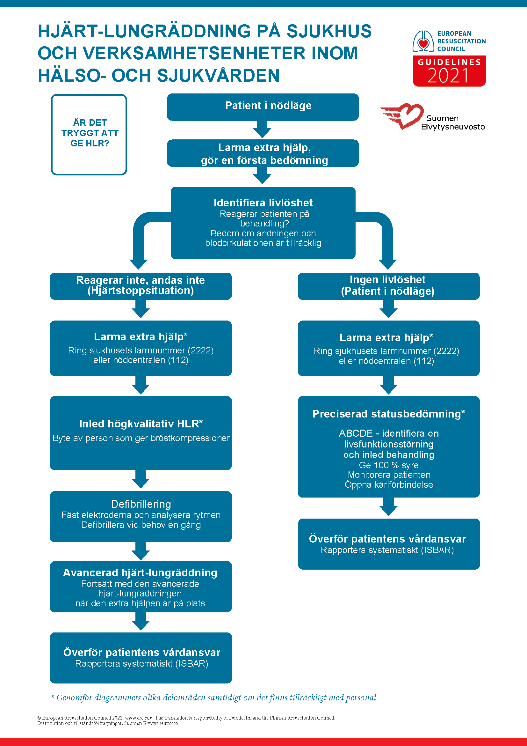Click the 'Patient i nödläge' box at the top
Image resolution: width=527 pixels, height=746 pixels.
(263, 107)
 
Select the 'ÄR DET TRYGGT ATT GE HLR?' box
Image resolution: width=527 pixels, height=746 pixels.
(89, 135)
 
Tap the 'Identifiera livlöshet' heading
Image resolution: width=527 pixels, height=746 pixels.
(263, 203)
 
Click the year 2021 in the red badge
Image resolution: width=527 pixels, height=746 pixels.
(448, 76)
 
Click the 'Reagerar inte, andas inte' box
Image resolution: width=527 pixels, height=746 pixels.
(141, 286)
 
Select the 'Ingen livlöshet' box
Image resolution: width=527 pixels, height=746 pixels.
(389, 286)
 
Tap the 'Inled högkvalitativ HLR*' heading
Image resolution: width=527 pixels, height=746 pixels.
(141, 424)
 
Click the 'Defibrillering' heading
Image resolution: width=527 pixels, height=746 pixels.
(141, 504)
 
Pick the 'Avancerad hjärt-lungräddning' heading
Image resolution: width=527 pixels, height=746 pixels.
(140, 572)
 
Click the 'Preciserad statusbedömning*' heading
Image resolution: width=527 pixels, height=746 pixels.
(389, 414)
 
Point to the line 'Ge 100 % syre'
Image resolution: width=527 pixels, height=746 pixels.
(389, 465)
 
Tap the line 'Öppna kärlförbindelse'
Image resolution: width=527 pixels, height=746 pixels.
(389, 485)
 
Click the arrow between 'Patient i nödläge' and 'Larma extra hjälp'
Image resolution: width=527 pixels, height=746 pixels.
(262, 129)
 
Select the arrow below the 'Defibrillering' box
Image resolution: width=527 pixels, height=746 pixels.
(141, 551)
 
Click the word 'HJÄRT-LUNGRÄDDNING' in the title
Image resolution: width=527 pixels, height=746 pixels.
(144, 32)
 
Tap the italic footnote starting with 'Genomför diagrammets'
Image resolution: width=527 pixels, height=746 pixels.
(214, 698)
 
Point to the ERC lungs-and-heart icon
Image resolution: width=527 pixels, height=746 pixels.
(423, 41)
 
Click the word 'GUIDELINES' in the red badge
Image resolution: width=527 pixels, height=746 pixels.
(449, 62)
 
